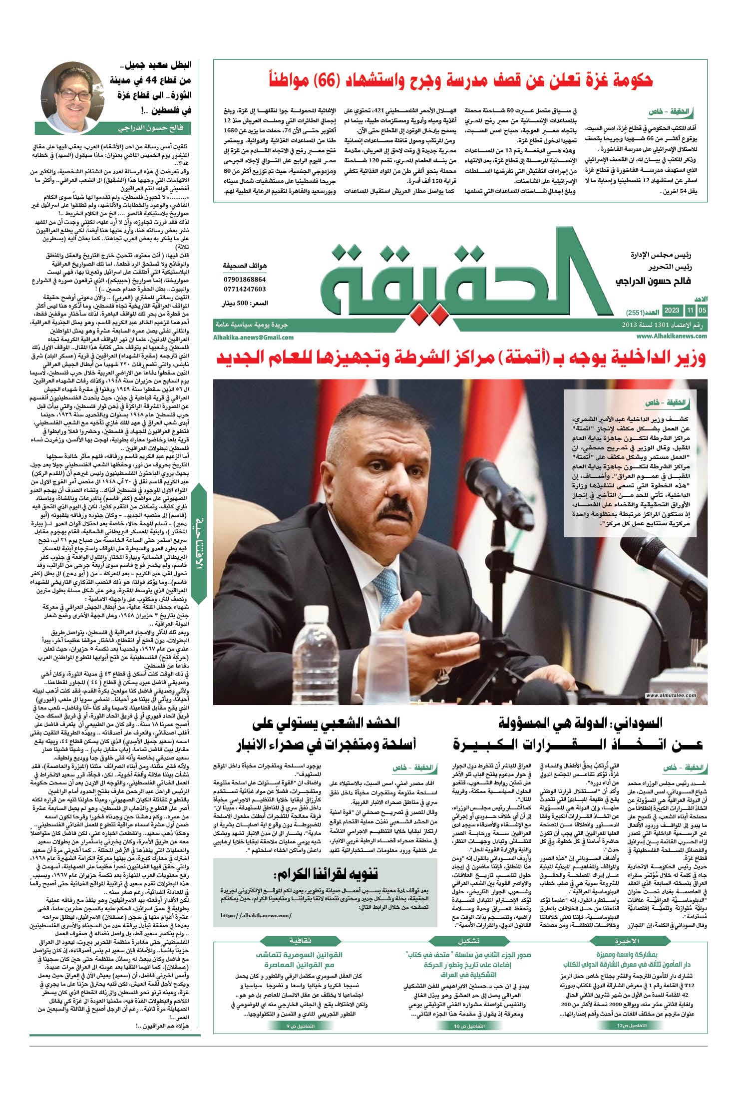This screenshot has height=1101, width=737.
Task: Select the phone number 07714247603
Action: point(245,289)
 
